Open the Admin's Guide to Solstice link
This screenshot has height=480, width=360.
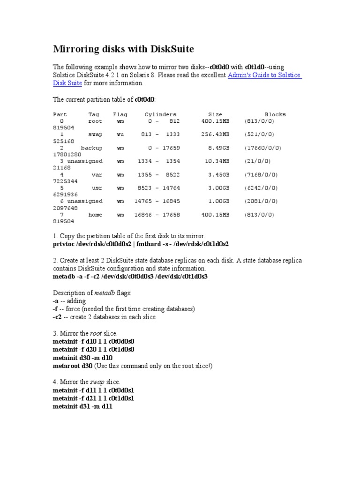[264, 75]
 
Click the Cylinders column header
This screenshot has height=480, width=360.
[160, 114]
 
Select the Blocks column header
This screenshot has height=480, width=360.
[275, 114]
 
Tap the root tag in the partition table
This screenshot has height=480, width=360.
[95, 121]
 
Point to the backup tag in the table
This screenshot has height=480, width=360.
[91, 148]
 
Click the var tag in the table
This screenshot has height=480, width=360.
[97, 174]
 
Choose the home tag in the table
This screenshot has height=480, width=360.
[95, 214]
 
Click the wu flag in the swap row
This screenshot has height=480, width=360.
[120, 134]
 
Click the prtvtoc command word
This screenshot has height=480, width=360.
[63, 244]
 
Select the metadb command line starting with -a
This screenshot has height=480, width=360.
[130, 277]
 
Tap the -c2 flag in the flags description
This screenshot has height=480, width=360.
[58, 317]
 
